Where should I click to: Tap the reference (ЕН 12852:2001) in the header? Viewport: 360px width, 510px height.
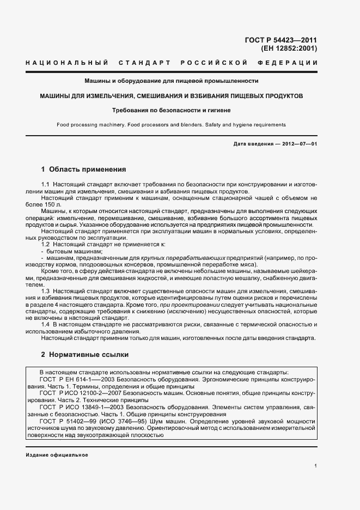pos(289,48)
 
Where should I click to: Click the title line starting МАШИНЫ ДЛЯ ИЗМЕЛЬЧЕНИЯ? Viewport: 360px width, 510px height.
pos(171,96)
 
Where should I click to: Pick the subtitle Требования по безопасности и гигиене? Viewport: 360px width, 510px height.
pos(171,111)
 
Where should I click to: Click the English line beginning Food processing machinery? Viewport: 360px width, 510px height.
pos(171,125)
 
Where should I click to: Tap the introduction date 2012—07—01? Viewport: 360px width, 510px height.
pos(299,144)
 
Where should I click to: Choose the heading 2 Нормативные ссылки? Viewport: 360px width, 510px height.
pos(85,355)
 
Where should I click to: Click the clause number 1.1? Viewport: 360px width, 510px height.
pos(46,186)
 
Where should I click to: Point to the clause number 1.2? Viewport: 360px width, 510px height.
pos(46,246)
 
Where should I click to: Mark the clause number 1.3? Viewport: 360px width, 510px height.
pos(46,292)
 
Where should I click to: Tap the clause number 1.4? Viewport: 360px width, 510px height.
pos(46,325)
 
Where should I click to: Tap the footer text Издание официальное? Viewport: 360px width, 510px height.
pos(57,455)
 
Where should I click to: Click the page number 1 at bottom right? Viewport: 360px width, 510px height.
pos(316,466)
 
